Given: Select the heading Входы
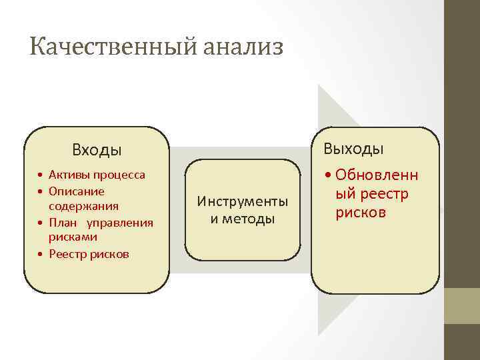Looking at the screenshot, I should tap(97, 150).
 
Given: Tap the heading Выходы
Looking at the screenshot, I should tap(353, 148).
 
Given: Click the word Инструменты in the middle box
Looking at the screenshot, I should tap(243, 201).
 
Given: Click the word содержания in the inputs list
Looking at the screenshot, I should tap(83, 206).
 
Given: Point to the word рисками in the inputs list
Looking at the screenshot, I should tap(73, 237).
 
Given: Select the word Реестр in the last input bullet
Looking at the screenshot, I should tap(67, 254).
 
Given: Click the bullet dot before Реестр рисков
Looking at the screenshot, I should tap(41, 255).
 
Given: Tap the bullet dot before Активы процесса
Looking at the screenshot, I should tap(41, 175).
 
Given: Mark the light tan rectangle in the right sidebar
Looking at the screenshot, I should tap(462, 306).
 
